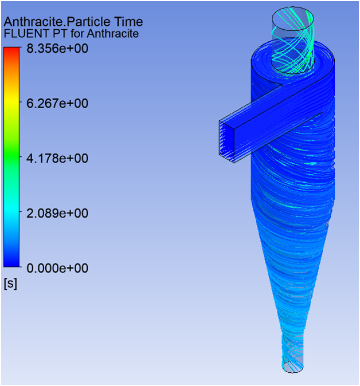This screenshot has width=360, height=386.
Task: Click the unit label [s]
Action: (x=10, y=283)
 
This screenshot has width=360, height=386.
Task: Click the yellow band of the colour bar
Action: (x=12, y=104)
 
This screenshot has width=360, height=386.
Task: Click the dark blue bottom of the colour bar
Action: (x=12, y=261)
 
